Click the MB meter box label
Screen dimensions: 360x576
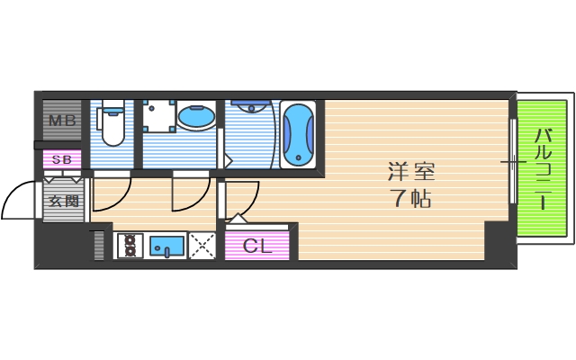61,121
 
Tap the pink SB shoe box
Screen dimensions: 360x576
61,160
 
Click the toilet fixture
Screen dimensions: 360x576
112,125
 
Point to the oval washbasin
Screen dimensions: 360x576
195,118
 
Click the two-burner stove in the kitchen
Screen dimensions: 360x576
129,246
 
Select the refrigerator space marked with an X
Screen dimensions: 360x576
202,246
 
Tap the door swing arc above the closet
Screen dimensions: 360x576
243,200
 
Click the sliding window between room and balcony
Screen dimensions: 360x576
513,162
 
